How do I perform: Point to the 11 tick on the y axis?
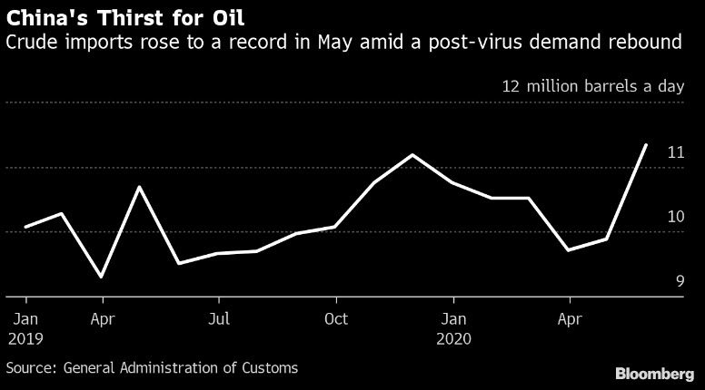click(675, 152)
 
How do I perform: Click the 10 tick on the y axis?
click(675, 217)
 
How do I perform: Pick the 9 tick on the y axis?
click(679, 281)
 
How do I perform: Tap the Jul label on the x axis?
click(219, 319)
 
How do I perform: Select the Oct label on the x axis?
click(336, 319)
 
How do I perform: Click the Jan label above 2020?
click(453, 319)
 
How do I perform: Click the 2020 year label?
click(453, 338)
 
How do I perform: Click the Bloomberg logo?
click(654, 374)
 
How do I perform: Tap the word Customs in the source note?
click(269, 368)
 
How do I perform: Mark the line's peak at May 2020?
click(646, 144)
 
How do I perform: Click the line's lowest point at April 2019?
click(101, 277)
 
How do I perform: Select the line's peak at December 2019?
click(412, 155)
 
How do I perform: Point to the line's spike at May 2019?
click(140, 187)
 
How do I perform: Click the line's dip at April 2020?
click(568, 250)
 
